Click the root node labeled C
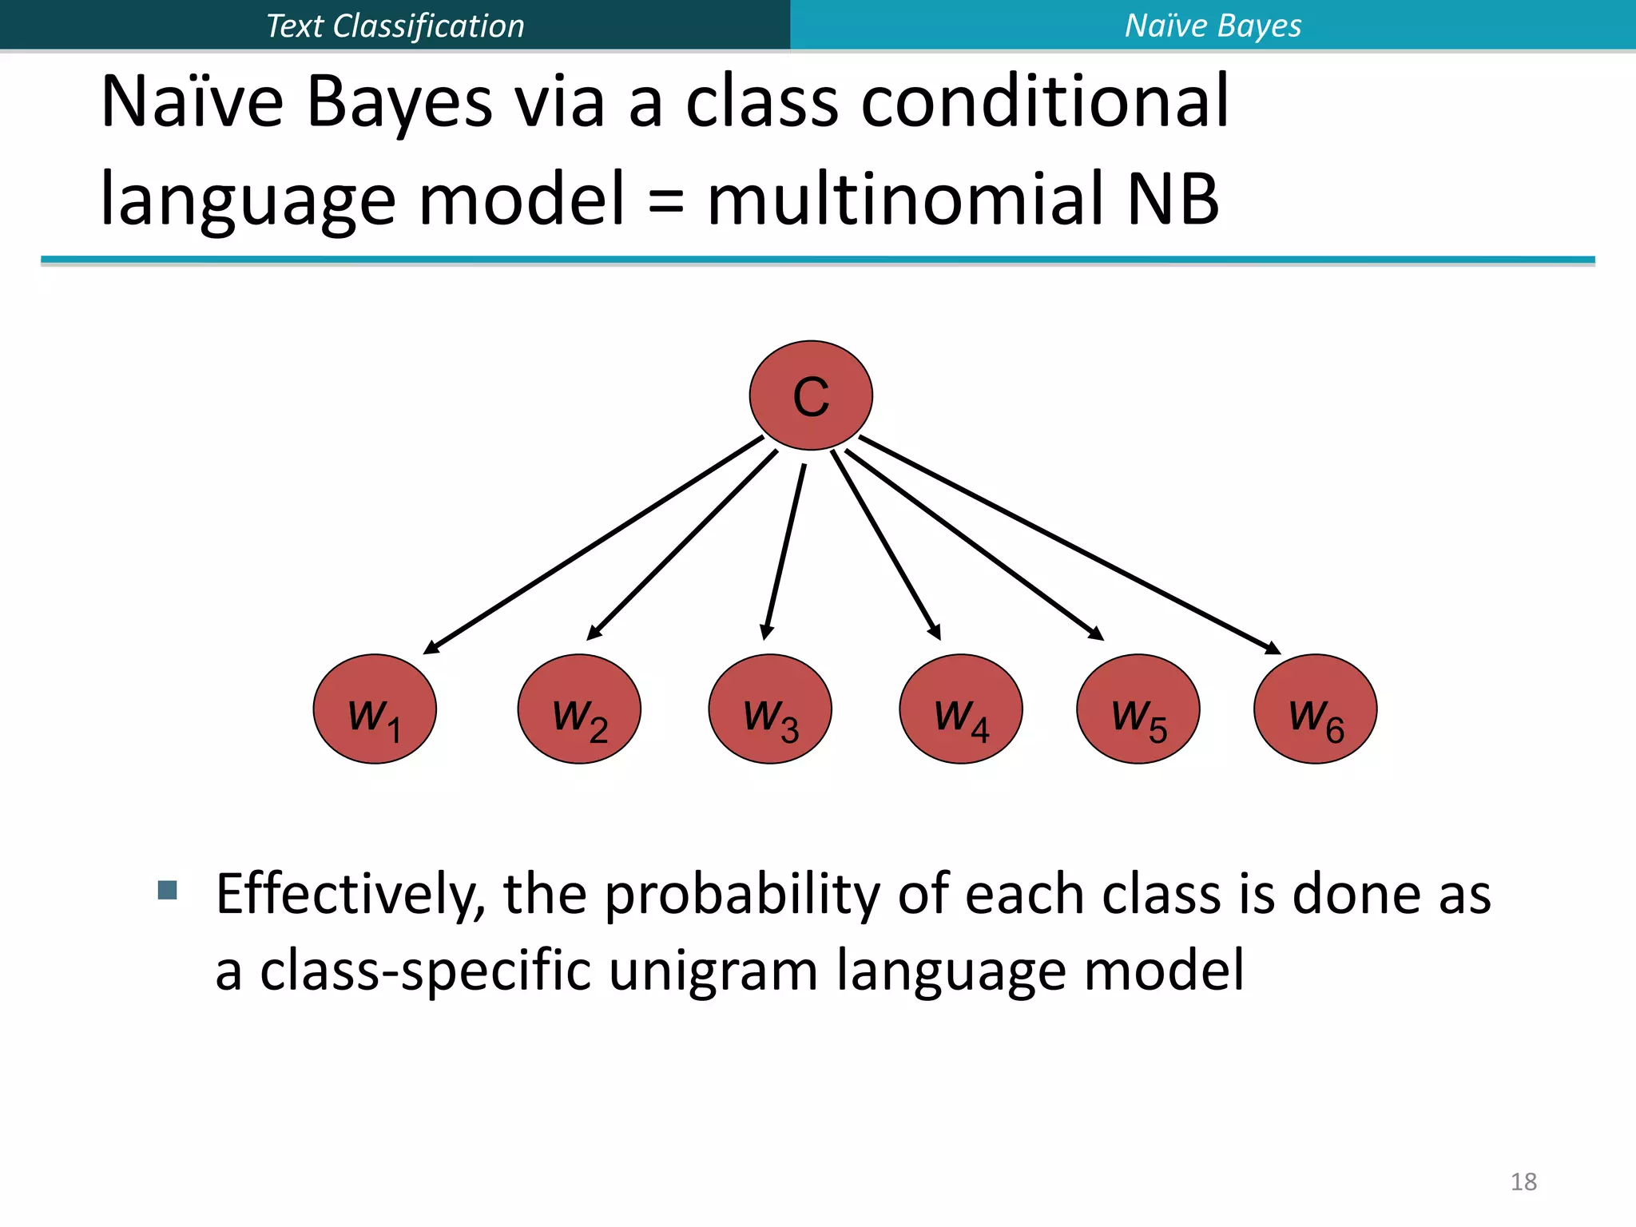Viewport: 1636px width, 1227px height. click(810, 395)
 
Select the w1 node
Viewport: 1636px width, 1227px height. click(375, 709)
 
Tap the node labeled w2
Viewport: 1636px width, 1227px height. click(579, 709)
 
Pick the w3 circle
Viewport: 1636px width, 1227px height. click(770, 709)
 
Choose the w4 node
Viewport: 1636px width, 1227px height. click(961, 709)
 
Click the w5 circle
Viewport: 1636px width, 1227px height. click(1138, 709)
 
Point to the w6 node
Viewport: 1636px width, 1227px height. click(1316, 709)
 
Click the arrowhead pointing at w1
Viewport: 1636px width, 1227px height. click(432, 648)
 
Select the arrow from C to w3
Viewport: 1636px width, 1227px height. click(785, 551)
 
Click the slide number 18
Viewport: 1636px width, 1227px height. click(1523, 1181)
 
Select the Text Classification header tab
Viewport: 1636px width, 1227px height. click(395, 26)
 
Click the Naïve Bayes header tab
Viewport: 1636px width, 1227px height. click(1213, 26)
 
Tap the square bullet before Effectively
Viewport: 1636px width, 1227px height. click(168, 890)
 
